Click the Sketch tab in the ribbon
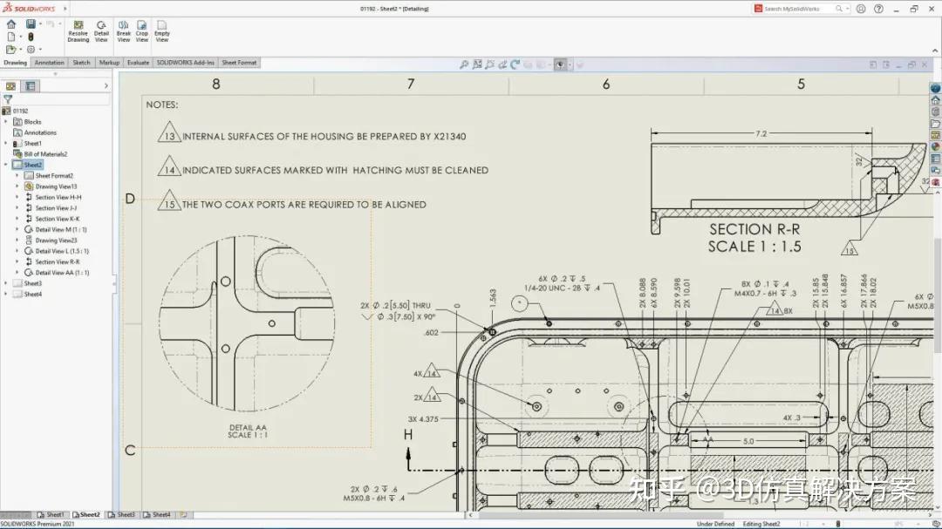[x=81, y=63]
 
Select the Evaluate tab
[x=138, y=63]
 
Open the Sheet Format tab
[x=239, y=63]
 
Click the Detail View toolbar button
[x=101, y=31]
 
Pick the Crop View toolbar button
[x=142, y=31]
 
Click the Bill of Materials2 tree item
[x=45, y=154]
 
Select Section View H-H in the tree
[x=58, y=197]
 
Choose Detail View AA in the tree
[x=62, y=273]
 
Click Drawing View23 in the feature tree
[x=56, y=241]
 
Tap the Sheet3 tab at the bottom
[x=126, y=515]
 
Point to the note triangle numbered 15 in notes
[x=169, y=205]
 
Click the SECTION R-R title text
[x=754, y=229]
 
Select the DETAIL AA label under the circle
[x=248, y=427]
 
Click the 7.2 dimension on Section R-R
[x=761, y=133]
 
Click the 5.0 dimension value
[x=747, y=442]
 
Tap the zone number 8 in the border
[x=216, y=85]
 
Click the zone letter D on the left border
[x=130, y=199]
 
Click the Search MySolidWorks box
[x=798, y=9]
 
